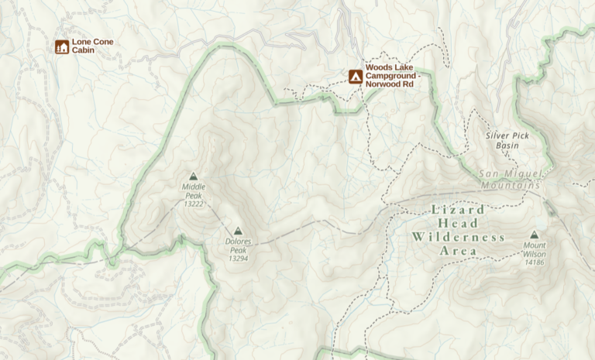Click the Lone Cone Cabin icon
click(62, 46)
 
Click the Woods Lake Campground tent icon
click(355, 76)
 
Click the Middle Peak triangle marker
click(193, 176)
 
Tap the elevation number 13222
click(193, 204)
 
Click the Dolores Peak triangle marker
click(238, 231)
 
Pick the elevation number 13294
click(238, 259)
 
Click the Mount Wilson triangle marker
click(534, 235)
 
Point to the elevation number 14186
click(534, 263)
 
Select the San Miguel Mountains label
click(509, 180)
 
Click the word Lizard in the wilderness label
click(457, 210)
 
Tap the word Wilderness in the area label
click(459, 237)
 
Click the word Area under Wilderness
click(459, 252)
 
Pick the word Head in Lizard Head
click(459, 223)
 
